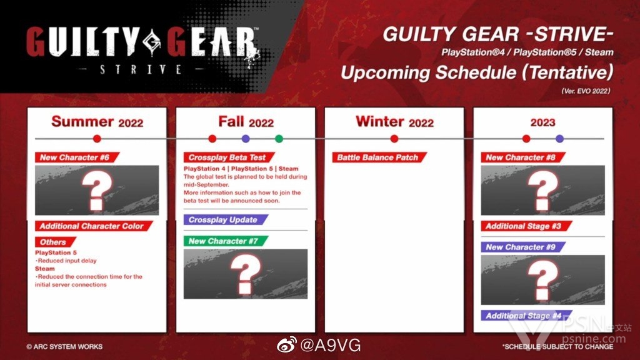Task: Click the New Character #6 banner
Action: pyautogui.click(x=77, y=157)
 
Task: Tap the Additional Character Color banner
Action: pyautogui.click(x=94, y=226)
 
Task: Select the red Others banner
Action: pyautogui.click(x=56, y=242)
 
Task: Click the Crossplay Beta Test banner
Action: pyautogui.click(x=229, y=157)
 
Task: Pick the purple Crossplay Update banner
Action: pyautogui.click(x=226, y=219)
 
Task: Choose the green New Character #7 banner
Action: pyautogui.click(x=226, y=241)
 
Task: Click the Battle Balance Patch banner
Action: pyautogui.click(x=379, y=157)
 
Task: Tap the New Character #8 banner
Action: pyautogui.click(x=523, y=157)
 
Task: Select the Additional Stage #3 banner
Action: pyautogui.click(x=526, y=226)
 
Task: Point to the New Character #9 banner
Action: pyautogui.click(x=523, y=247)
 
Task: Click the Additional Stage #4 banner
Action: pyautogui.click(x=526, y=316)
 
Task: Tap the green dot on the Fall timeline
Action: pyautogui.click(x=279, y=139)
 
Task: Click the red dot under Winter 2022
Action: pyautogui.click(x=394, y=139)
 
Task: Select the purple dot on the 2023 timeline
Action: pyautogui.click(x=559, y=139)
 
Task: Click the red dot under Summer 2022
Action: pyautogui.click(x=97, y=139)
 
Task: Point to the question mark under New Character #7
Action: pyautogui.click(x=245, y=274)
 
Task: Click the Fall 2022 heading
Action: pyautogui.click(x=246, y=122)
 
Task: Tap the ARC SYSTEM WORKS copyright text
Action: pyautogui.click(x=64, y=347)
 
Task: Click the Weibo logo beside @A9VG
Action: pyautogui.click(x=286, y=345)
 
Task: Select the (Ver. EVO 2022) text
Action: pyautogui.click(x=586, y=91)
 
